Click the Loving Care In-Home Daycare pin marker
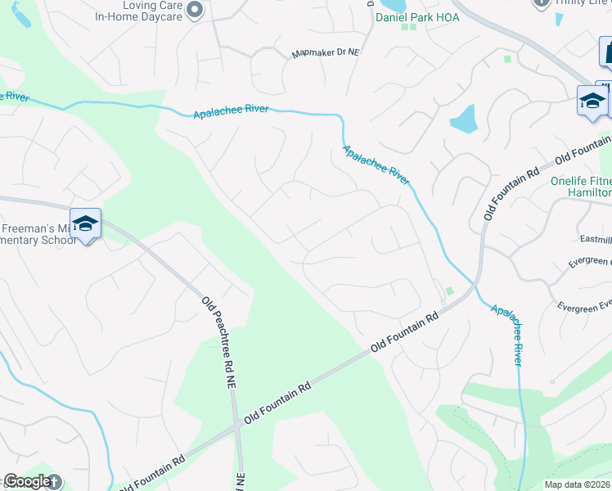(195, 10)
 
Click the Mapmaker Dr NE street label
(326, 54)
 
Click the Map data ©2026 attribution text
(577, 484)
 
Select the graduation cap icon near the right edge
(592, 101)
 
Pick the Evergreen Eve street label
(583, 305)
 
